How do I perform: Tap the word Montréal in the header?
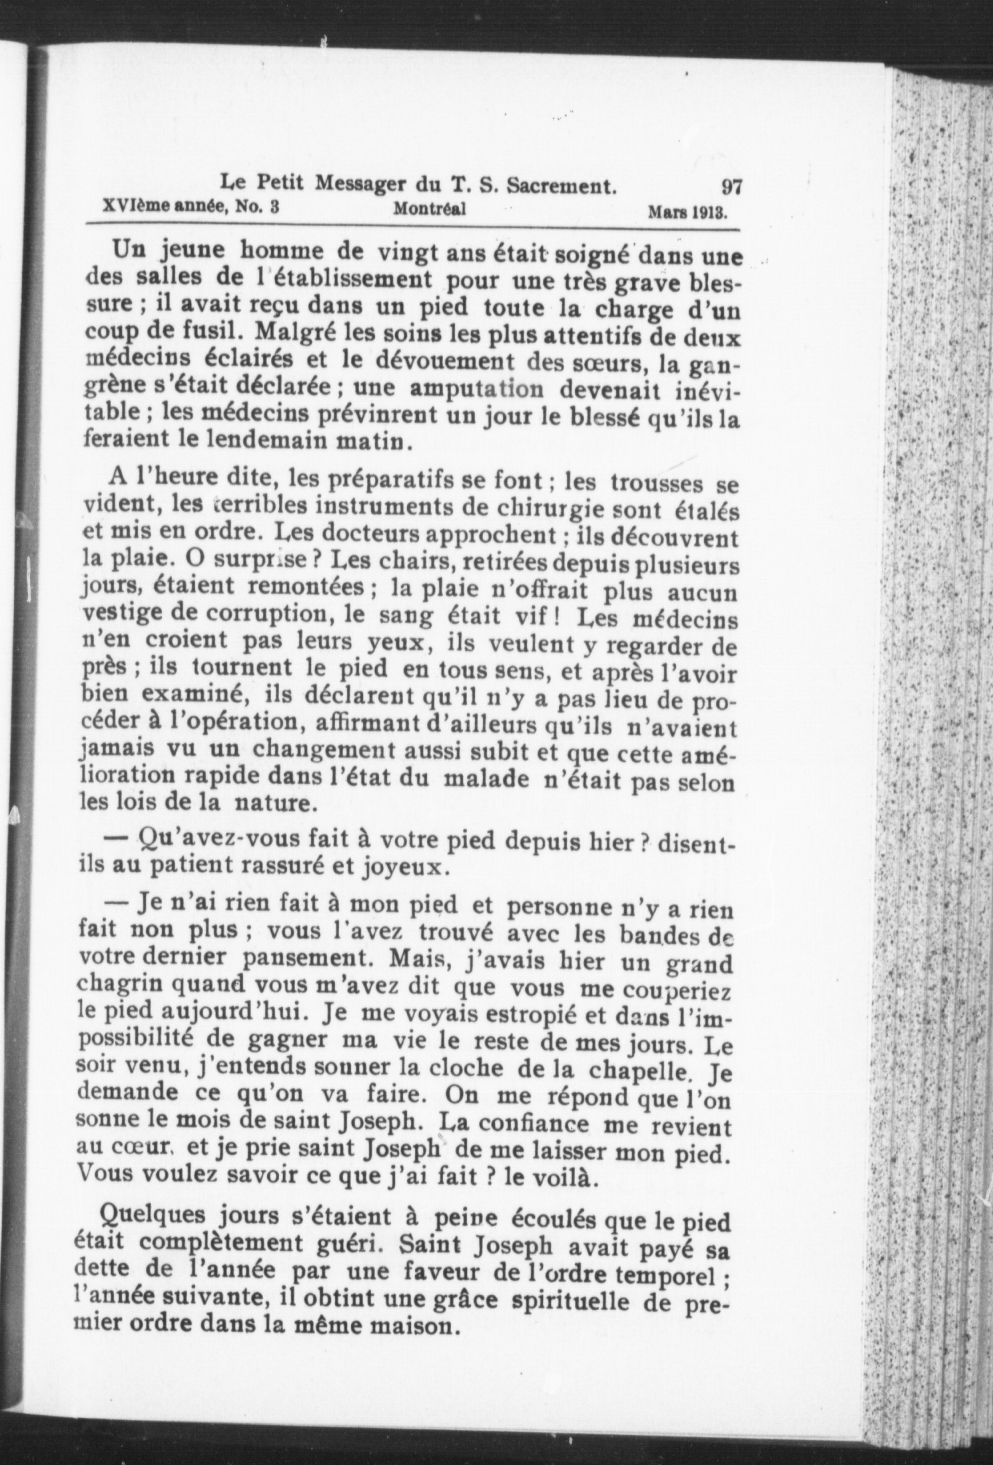(x=430, y=210)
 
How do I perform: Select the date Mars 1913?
(x=688, y=213)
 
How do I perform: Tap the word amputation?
(x=477, y=388)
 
